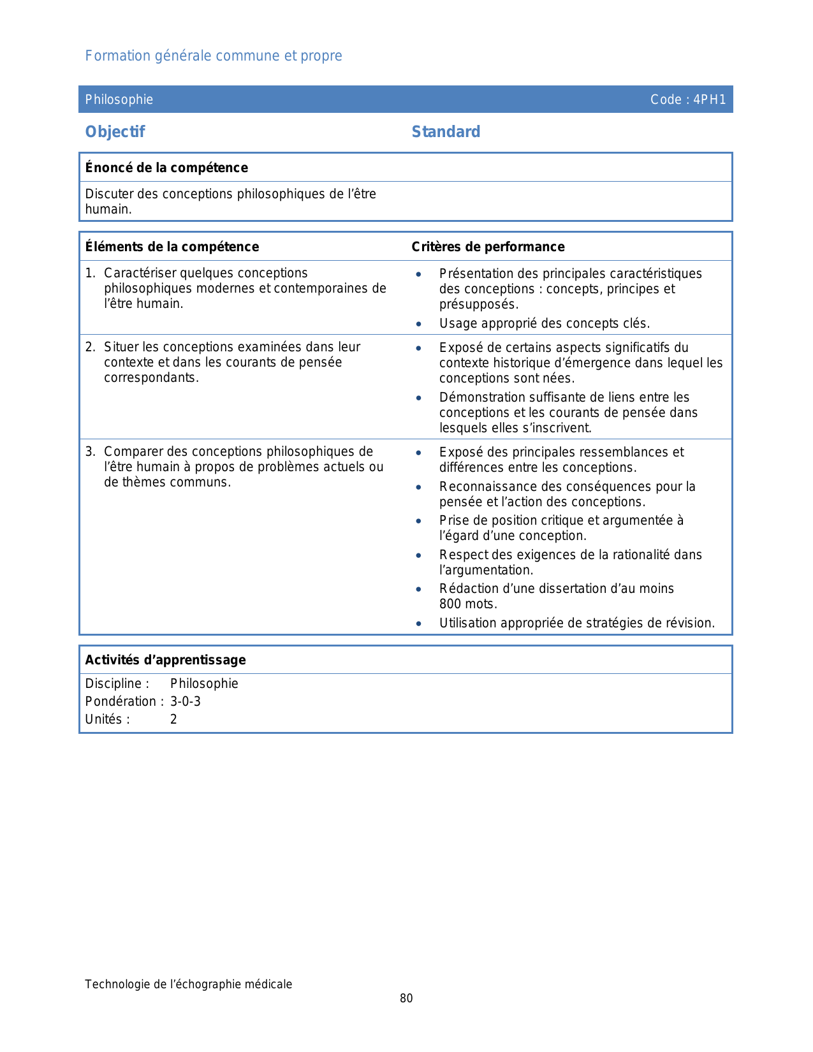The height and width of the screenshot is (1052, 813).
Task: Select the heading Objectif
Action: (115, 132)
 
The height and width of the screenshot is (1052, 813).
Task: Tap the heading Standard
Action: (446, 132)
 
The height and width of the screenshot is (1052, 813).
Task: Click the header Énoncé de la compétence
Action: (166, 168)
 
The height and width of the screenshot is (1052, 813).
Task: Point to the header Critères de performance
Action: (488, 247)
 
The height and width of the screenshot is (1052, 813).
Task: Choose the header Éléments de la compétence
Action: (172, 247)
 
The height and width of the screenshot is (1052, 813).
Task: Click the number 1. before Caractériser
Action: (91, 273)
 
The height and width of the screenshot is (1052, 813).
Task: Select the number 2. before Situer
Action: (91, 347)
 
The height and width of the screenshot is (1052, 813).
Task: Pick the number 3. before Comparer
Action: (91, 451)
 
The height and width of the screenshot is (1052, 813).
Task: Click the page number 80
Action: (406, 998)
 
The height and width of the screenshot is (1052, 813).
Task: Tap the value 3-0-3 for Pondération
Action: (186, 701)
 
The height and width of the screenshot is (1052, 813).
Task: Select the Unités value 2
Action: (173, 719)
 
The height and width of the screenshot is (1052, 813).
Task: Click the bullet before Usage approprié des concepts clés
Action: (418, 324)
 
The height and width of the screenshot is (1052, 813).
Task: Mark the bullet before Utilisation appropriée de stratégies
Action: (418, 624)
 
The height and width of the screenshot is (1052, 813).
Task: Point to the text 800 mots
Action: (468, 604)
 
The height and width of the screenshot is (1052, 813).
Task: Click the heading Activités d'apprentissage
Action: (165, 660)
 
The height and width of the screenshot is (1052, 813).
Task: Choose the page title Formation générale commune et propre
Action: (214, 56)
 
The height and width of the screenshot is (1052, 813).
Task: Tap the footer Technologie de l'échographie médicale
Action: (189, 984)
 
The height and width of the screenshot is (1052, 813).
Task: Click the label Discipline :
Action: (117, 683)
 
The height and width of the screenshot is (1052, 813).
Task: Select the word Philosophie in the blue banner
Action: (119, 99)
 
